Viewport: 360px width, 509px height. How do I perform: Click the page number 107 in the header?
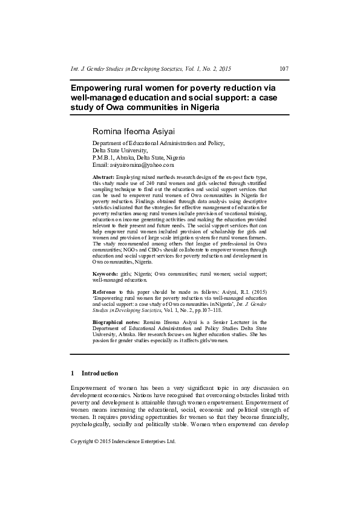(x=284, y=69)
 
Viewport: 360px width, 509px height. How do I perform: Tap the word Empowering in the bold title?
(x=100, y=88)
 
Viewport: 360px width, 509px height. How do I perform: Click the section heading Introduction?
(x=100, y=373)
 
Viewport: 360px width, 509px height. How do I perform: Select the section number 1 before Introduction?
(x=73, y=373)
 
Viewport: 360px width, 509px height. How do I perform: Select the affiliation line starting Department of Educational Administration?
(x=158, y=143)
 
